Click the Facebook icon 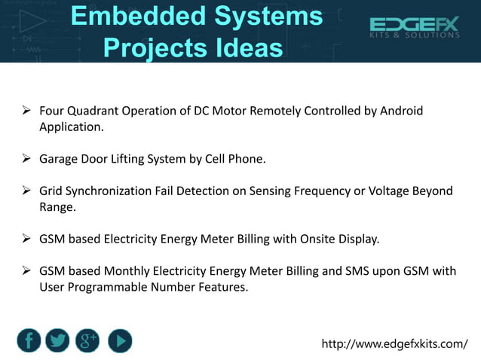(29, 341)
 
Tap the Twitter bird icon (58, 341)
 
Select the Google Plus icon (88, 341)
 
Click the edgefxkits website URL (394, 344)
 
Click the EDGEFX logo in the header (414, 28)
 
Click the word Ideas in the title (246, 48)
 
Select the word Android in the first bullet (401, 111)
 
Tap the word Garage (60, 160)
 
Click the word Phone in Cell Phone (247, 160)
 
